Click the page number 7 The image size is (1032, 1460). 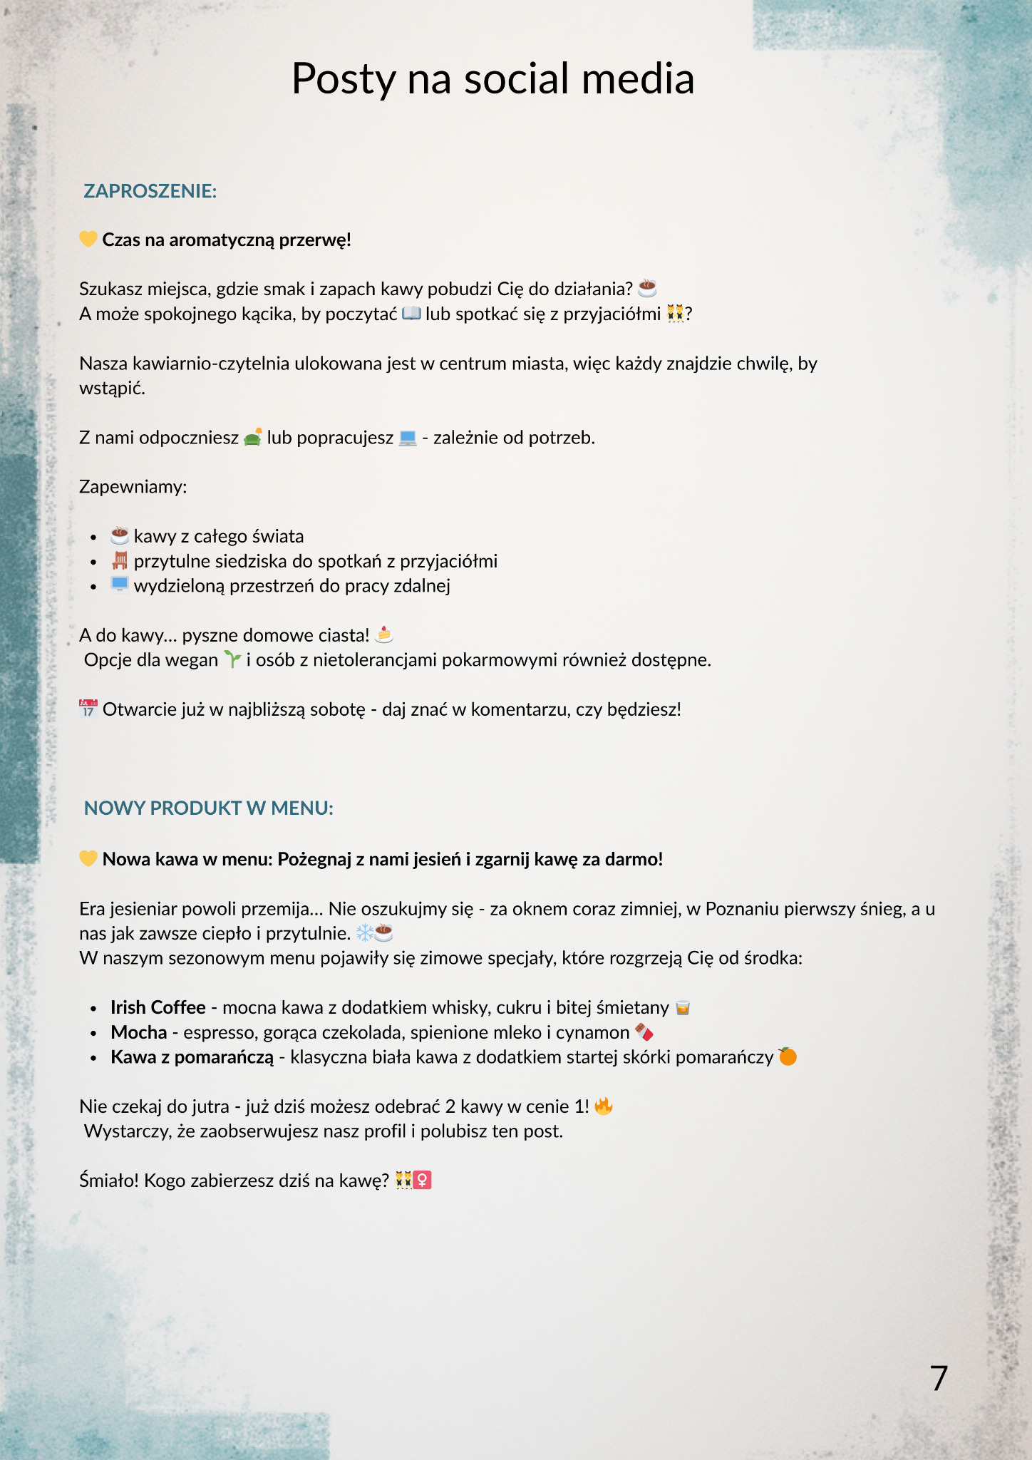[939, 1378]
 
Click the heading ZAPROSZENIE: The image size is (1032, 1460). [150, 191]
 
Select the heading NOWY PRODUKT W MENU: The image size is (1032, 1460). [208, 808]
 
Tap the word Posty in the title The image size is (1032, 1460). [343, 78]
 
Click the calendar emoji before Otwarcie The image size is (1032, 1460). [88, 709]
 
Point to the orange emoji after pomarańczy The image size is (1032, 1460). [788, 1056]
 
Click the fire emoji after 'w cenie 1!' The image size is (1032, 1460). [604, 1106]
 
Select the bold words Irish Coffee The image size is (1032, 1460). [158, 1007]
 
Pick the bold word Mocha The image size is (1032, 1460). [138, 1032]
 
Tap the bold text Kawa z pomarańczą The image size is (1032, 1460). [192, 1057]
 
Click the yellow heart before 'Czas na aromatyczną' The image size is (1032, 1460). [88, 239]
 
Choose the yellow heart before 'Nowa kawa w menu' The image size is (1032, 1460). [88, 858]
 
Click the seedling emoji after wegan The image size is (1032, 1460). [232, 659]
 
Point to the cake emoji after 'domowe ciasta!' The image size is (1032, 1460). [384, 634]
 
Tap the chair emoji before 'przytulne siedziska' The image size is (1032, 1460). [120, 560]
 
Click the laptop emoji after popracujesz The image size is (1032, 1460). [408, 437]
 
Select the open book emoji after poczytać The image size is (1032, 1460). [412, 313]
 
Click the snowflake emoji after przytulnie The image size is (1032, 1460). [364, 932]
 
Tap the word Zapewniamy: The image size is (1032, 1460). [133, 487]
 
